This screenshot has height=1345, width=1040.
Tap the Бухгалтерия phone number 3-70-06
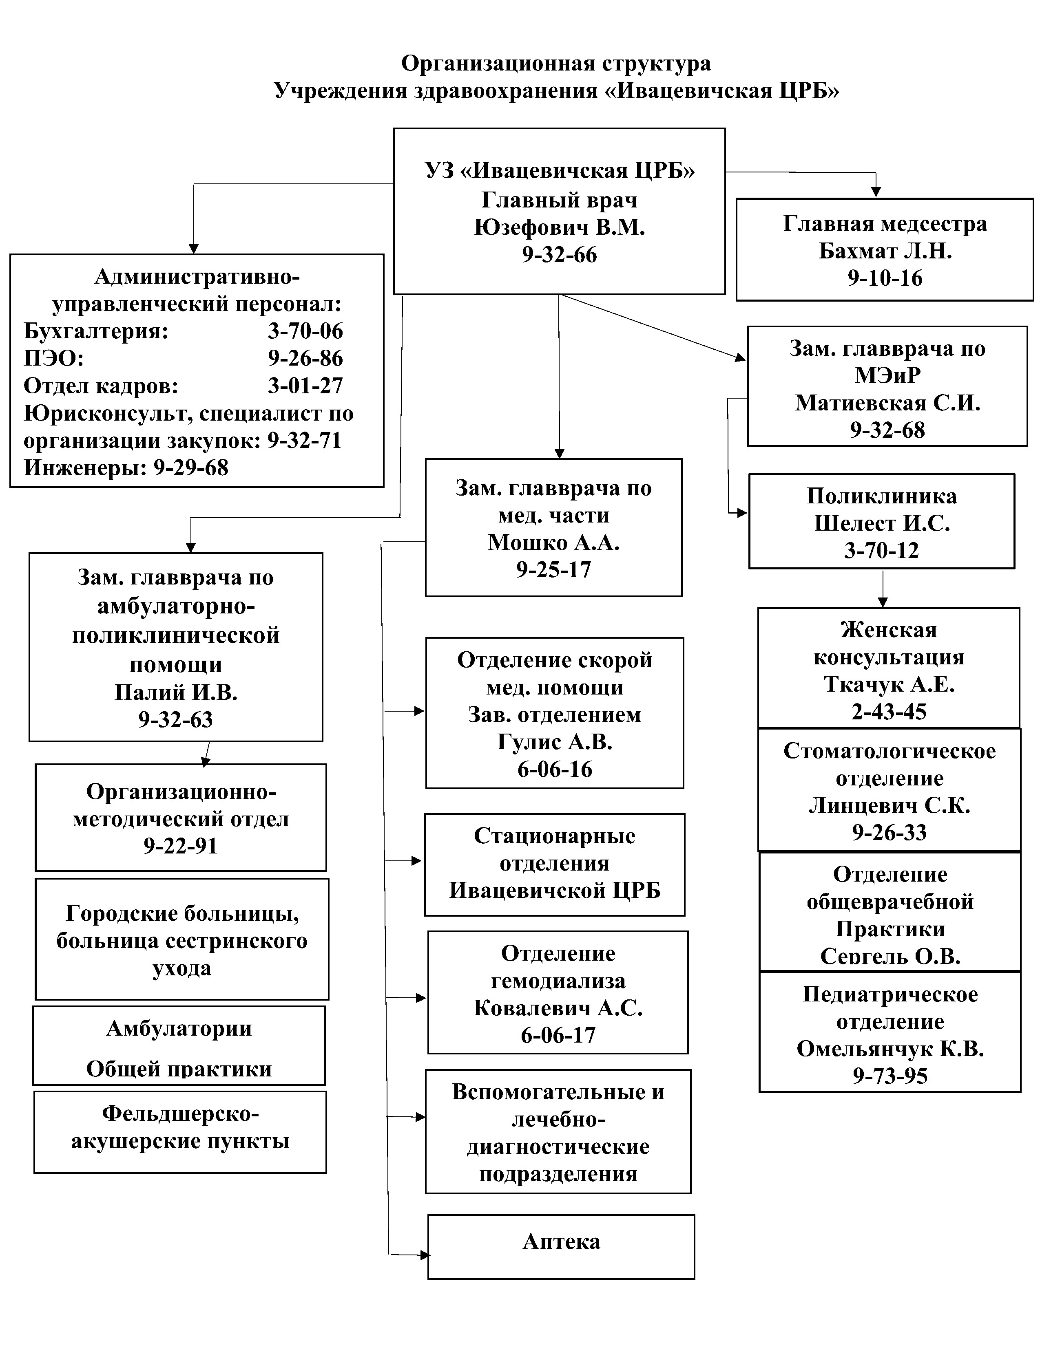[x=305, y=331]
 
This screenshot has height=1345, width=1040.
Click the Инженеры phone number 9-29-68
[x=190, y=468]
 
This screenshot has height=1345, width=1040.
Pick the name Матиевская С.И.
[x=887, y=403]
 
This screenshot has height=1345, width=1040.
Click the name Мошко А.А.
[x=553, y=542]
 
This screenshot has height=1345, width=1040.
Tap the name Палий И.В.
[x=176, y=693]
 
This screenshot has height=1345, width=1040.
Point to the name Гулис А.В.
[x=555, y=742]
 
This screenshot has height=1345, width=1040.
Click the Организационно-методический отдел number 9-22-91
[x=181, y=846]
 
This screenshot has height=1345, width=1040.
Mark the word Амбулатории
[x=179, y=1028]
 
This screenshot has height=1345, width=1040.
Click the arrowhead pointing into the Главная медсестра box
[x=876, y=192]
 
